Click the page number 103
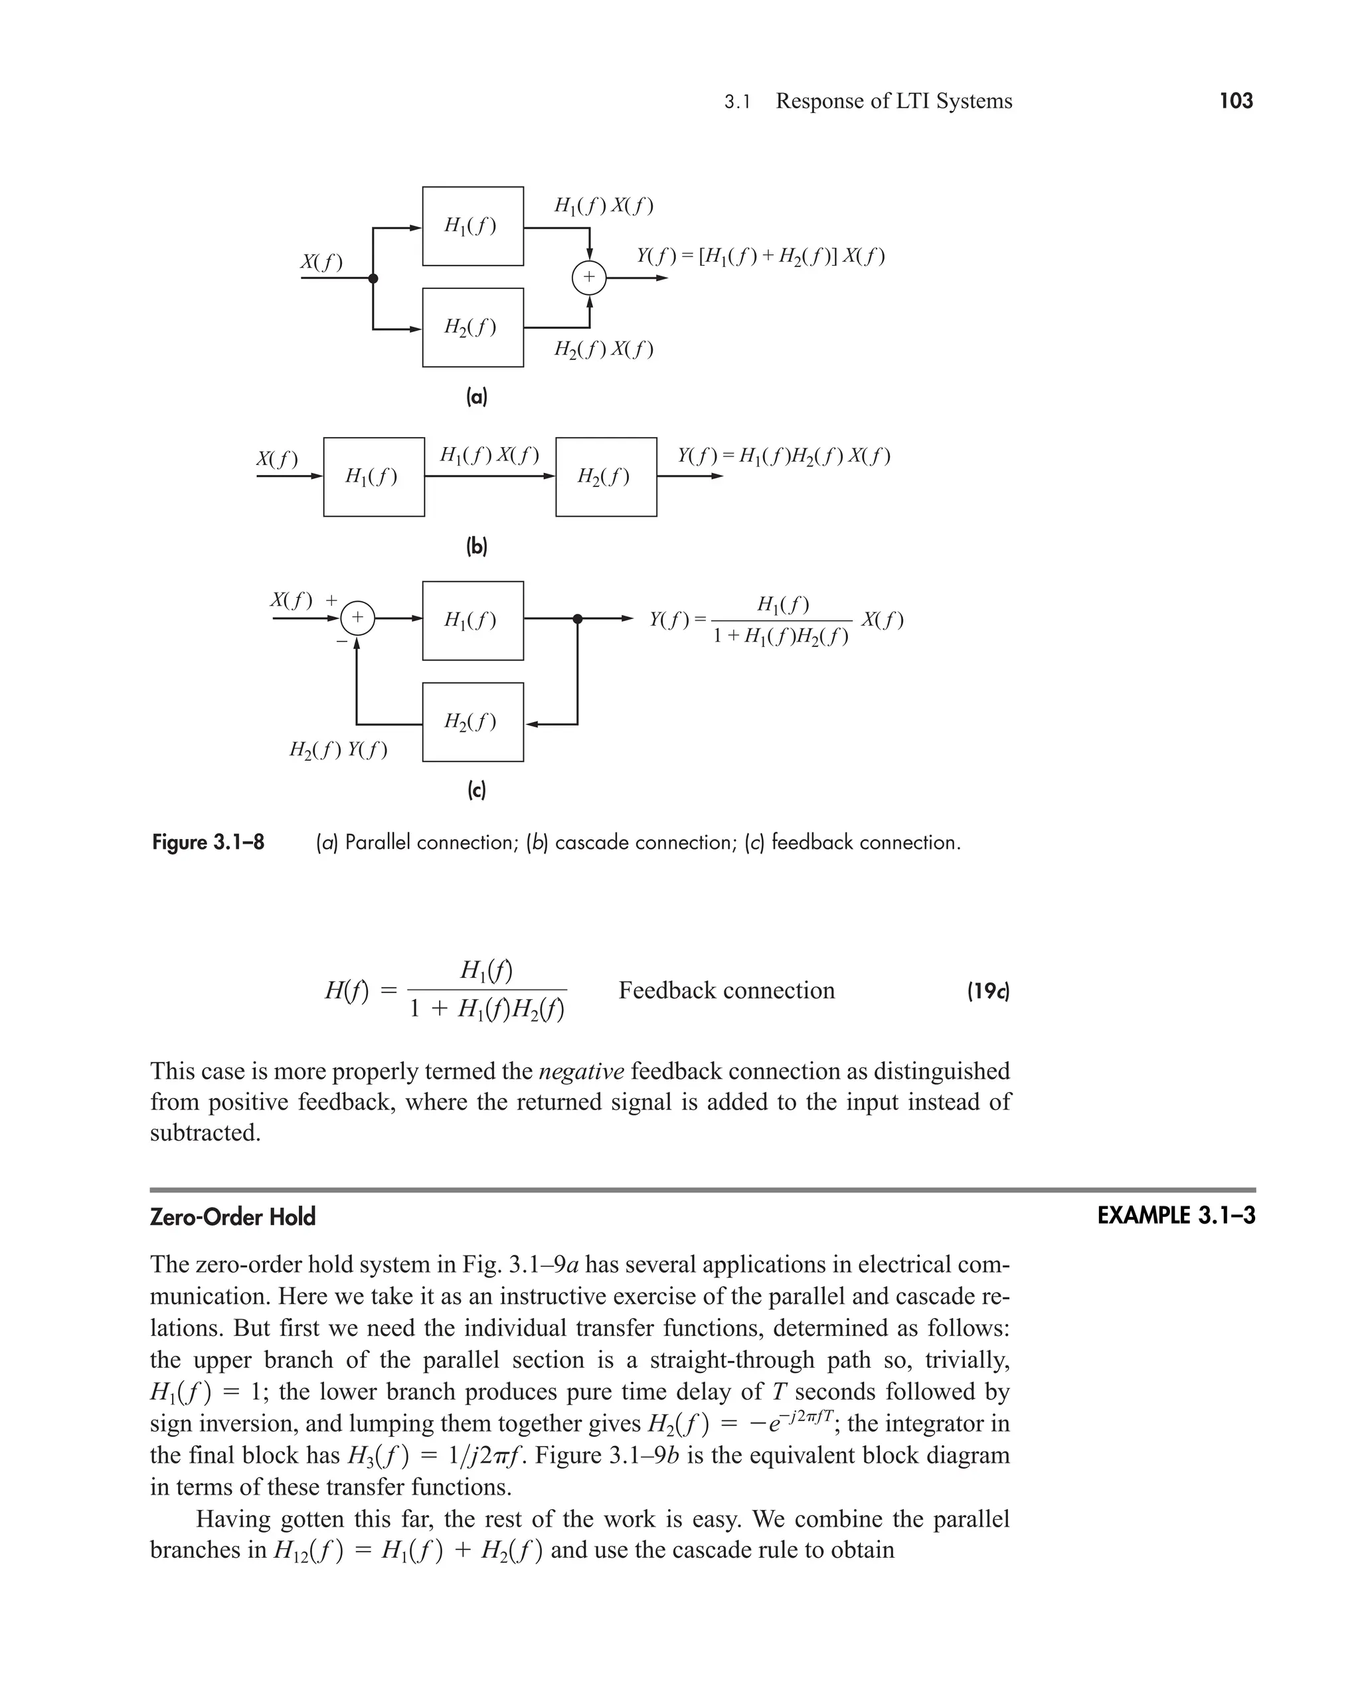click(x=1235, y=100)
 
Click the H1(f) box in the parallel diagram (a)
click(x=472, y=226)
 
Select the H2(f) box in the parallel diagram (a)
click(x=472, y=327)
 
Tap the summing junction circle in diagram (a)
click(x=588, y=278)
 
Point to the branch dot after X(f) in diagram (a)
click(x=373, y=278)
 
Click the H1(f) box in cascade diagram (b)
click(x=374, y=476)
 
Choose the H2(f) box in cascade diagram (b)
click(x=606, y=476)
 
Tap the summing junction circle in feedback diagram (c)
click(x=357, y=618)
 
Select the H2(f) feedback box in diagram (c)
click(x=472, y=721)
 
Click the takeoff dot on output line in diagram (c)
click(x=577, y=619)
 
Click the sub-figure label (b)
click(x=476, y=546)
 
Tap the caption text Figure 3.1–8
click(x=209, y=842)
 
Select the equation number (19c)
click(x=989, y=991)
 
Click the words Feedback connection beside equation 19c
click(x=726, y=990)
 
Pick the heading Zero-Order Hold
click(x=232, y=1217)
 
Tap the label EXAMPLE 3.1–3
click(x=1175, y=1216)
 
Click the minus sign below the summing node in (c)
click(x=341, y=641)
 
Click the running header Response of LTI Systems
click(x=893, y=101)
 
